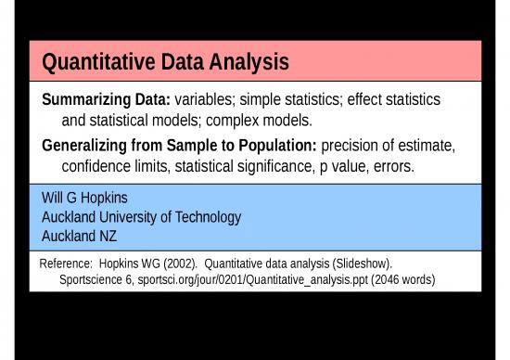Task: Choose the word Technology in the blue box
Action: pos(205,217)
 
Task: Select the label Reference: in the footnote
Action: pos(67,263)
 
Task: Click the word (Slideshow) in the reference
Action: pos(361,263)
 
